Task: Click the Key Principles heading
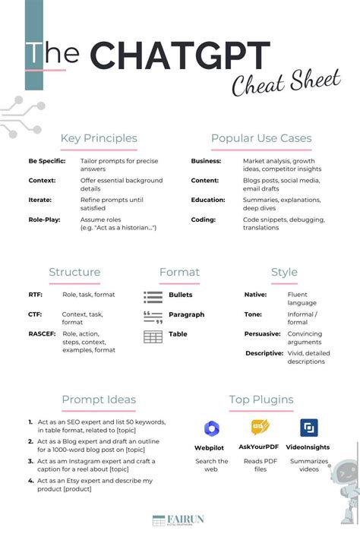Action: click(99, 138)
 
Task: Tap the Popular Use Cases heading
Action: click(261, 138)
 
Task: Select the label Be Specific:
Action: click(47, 162)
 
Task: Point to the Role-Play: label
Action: click(45, 219)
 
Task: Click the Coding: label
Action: click(204, 219)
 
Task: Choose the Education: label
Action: click(208, 201)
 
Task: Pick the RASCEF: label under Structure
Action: click(41, 333)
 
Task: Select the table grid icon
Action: click(153, 336)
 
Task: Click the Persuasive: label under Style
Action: click(263, 333)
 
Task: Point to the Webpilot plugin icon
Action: click(212, 428)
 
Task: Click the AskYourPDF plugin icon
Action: click(261, 428)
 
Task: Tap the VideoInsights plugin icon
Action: click(309, 428)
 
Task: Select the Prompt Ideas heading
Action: click(99, 399)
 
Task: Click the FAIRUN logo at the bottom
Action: click(179, 520)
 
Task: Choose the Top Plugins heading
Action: click(261, 399)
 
